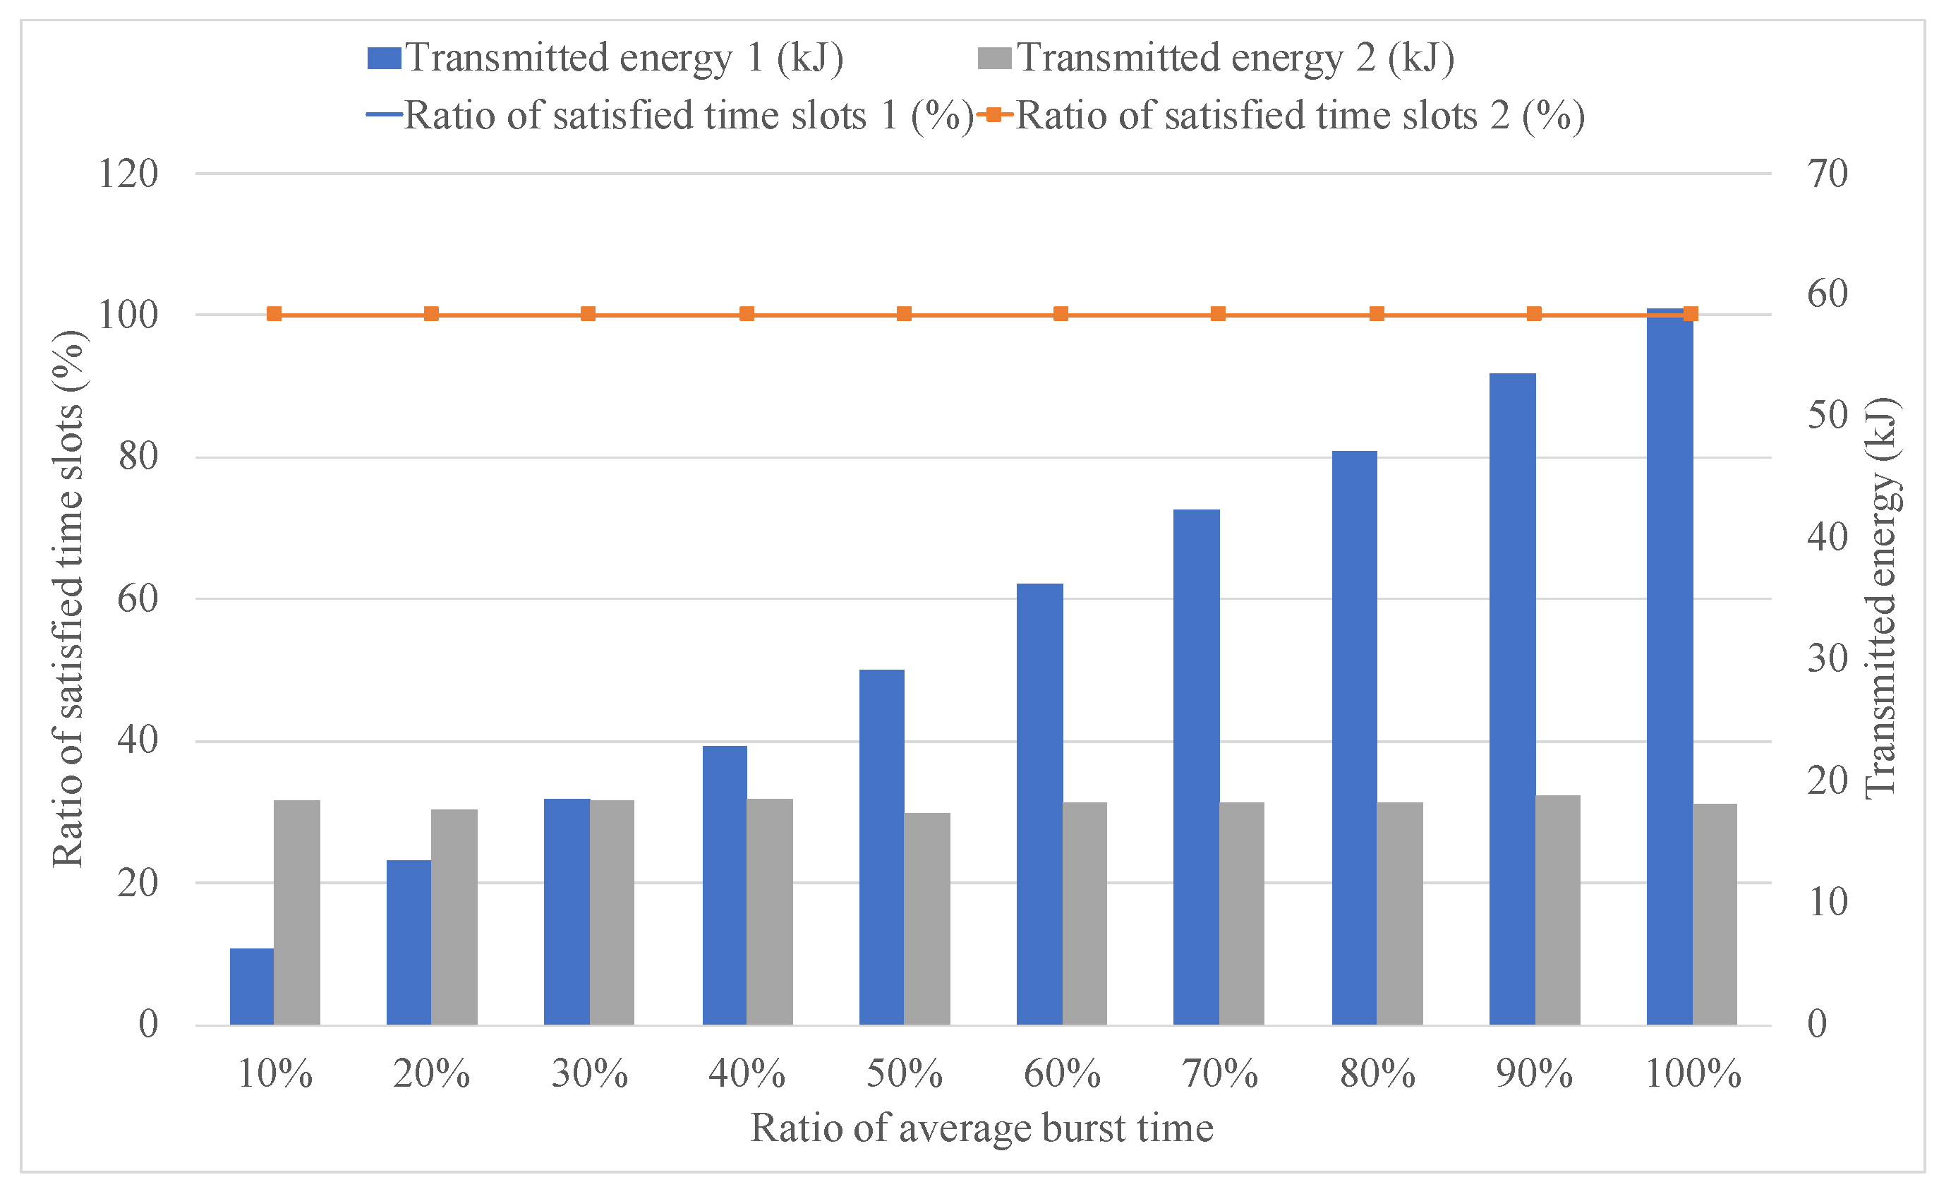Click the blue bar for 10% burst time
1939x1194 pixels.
tap(252, 987)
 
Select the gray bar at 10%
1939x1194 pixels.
tap(297, 913)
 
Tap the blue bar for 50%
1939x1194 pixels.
tap(882, 848)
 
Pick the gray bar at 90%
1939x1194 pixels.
tap(1558, 910)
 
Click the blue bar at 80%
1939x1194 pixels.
tap(1355, 738)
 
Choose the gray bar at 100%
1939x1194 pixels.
tap(1715, 915)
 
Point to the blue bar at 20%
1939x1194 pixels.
tap(409, 943)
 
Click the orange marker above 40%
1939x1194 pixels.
tap(747, 314)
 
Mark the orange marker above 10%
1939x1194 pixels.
tap(274, 314)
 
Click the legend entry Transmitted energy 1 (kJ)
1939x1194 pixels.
tap(605, 59)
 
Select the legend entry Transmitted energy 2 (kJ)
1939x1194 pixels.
tap(1216, 59)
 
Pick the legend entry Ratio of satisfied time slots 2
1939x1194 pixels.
tap(1281, 116)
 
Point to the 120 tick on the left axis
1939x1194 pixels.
tap(128, 173)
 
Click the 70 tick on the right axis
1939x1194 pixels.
tap(1828, 173)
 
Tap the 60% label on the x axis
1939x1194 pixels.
tap(1062, 1074)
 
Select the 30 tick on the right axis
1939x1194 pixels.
tap(1828, 658)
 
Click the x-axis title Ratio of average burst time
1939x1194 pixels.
tap(982, 1128)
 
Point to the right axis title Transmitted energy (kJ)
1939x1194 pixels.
tap(1883, 598)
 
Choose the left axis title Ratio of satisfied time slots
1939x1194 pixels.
tap(68, 598)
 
